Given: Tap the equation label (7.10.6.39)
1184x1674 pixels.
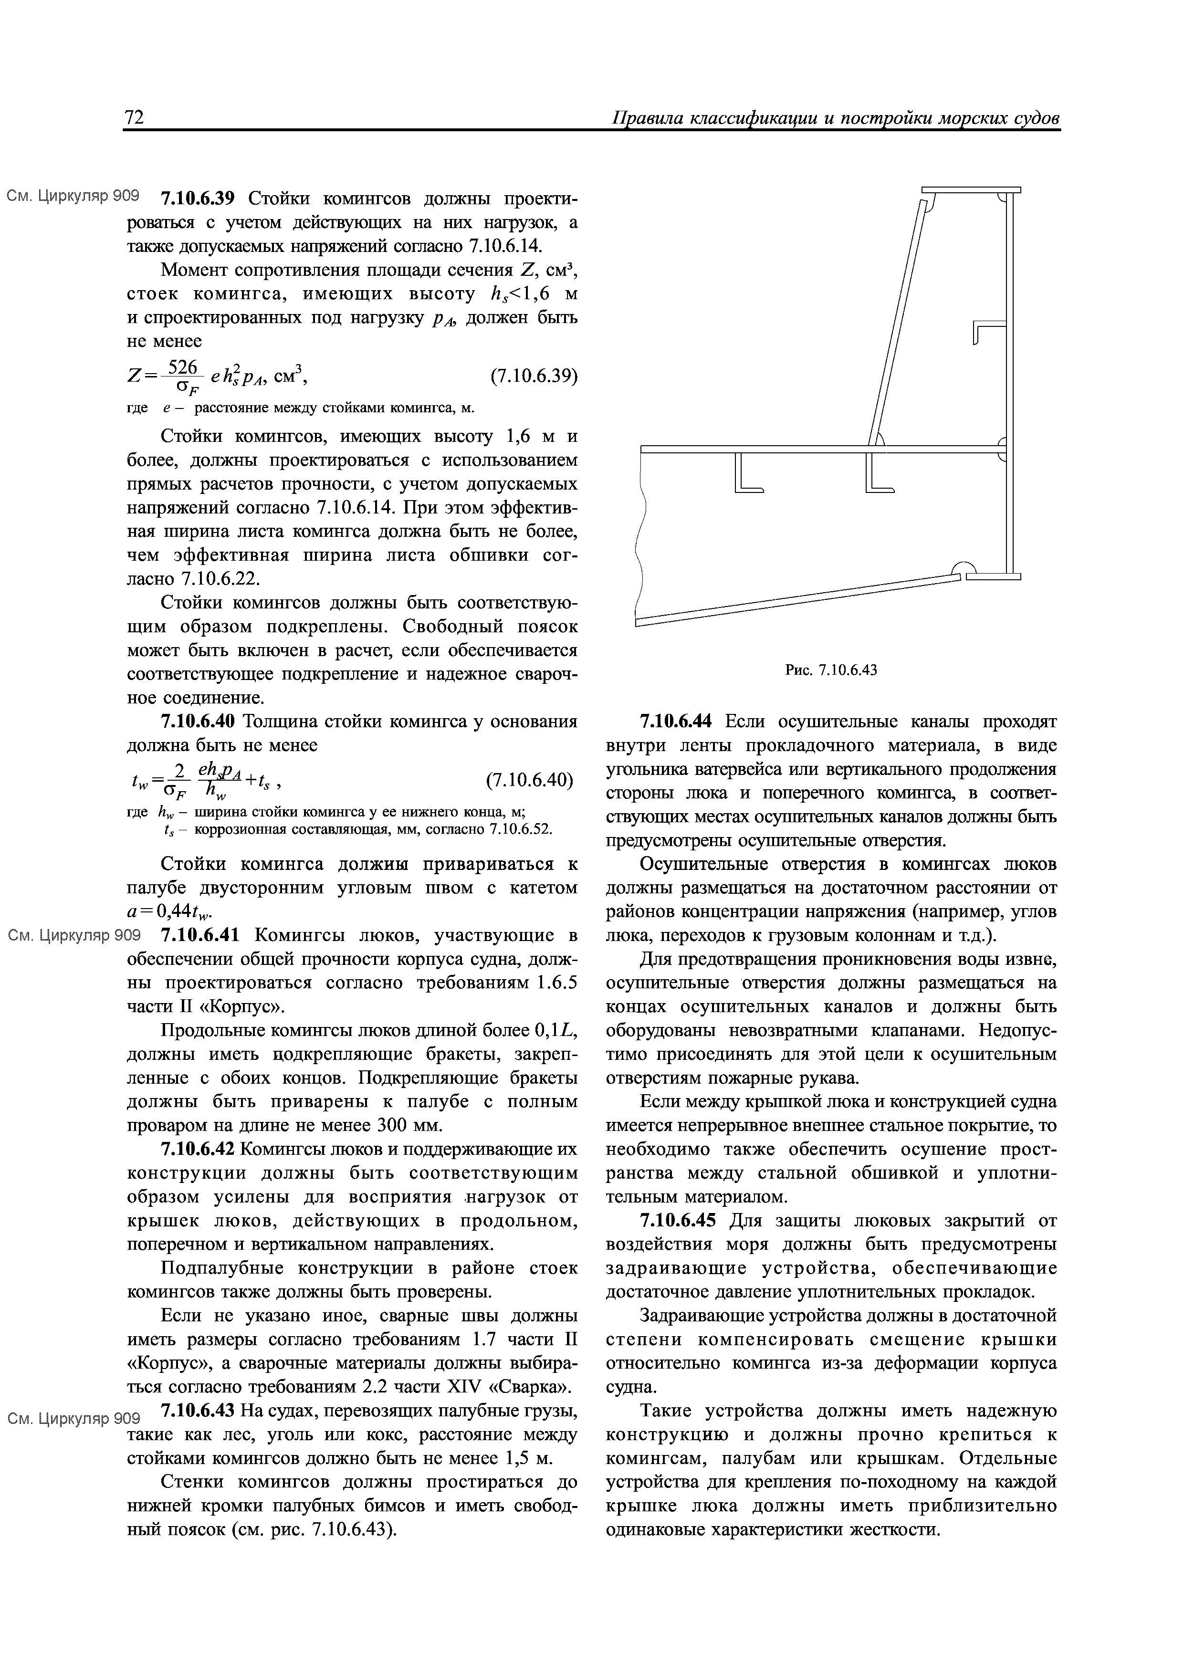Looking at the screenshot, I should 533,376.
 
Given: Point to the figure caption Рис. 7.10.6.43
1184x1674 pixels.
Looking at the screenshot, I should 830,670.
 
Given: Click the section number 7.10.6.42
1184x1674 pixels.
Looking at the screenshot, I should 197,1150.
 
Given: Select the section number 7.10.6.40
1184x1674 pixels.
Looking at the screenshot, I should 197,722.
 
